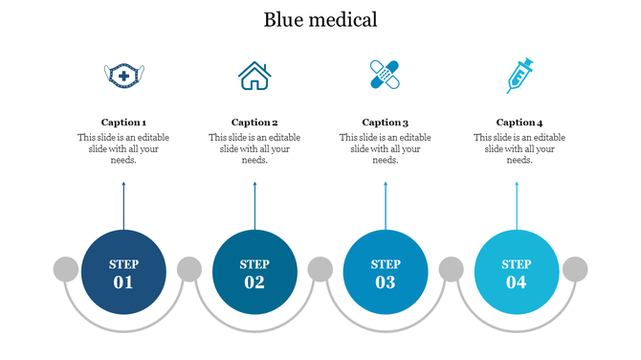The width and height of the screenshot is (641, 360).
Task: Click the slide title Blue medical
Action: click(x=320, y=19)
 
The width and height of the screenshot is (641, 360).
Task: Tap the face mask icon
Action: click(x=123, y=76)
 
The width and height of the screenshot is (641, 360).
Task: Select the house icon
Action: click(x=254, y=76)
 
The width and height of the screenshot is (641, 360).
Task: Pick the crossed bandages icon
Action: click(x=385, y=75)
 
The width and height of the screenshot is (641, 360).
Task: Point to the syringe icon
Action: click(x=519, y=76)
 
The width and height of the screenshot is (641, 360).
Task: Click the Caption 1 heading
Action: click(x=123, y=123)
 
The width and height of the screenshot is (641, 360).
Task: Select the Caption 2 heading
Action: click(x=254, y=123)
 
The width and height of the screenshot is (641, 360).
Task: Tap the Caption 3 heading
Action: click(x=386, y=123)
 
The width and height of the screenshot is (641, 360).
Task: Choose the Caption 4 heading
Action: click(x=519, y=123)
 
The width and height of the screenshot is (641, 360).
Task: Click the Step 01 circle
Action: click(x=123, y=273)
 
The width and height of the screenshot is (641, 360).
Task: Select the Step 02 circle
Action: click(x=254, y=273)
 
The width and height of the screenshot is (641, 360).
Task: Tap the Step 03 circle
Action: click(x=386, y=273)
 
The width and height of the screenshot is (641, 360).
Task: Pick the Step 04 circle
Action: click(x=517, y=273)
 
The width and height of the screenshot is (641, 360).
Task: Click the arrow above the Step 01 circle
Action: click(x=123, y=206)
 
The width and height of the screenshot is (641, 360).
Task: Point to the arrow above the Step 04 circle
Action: click(x=517, y=206)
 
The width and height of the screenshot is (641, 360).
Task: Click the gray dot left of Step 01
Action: click(x=65, y=270)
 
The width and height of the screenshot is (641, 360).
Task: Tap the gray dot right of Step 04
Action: click(x=575, y=270)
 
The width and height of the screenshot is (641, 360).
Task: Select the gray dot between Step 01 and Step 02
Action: click(x=189, y=270)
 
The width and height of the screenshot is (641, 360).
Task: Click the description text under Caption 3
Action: click(x=386, y=148)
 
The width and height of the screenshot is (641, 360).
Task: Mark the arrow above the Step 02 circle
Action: click(x=254, y=206)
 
